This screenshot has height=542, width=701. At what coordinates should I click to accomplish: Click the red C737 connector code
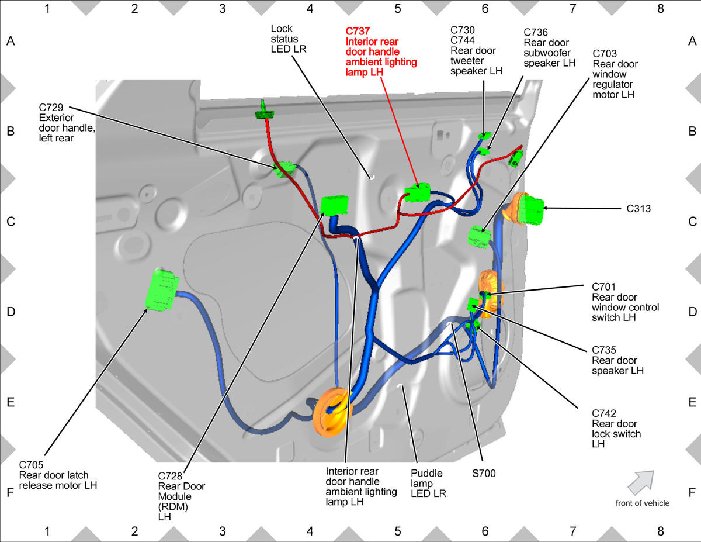(x=358, y=32)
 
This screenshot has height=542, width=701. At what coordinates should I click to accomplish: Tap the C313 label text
(x=638, y=209)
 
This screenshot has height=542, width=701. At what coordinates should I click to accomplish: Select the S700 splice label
(x=484, y=473)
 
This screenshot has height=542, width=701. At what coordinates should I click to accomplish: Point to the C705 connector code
(x=31, y=465)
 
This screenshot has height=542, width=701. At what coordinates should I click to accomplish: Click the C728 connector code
(x=170, y=476)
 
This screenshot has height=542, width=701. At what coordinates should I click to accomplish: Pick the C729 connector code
(x=51, y=107)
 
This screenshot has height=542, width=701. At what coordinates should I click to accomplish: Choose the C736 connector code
(x=536, y=32)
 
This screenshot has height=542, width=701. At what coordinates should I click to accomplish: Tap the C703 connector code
(x=605, y=54)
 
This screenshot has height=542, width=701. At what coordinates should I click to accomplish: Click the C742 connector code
(x=604, y=413)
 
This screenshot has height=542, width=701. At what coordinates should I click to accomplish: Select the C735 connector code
(x=604, y=350)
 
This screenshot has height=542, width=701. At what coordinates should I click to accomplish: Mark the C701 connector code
(x=604, y=286)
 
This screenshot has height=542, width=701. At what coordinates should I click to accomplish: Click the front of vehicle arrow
(x=641, y=483)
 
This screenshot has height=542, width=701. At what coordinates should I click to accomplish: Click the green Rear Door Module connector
(x=335, y=205)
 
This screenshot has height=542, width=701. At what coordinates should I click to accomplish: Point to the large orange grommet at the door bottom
(x=332, y=412)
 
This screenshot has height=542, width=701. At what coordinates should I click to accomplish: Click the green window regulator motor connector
(x=480, y=237)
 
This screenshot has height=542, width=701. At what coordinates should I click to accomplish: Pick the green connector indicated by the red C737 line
(x=418, y=192)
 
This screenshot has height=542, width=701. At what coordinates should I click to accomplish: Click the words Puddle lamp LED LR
(x=428, y=484)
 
